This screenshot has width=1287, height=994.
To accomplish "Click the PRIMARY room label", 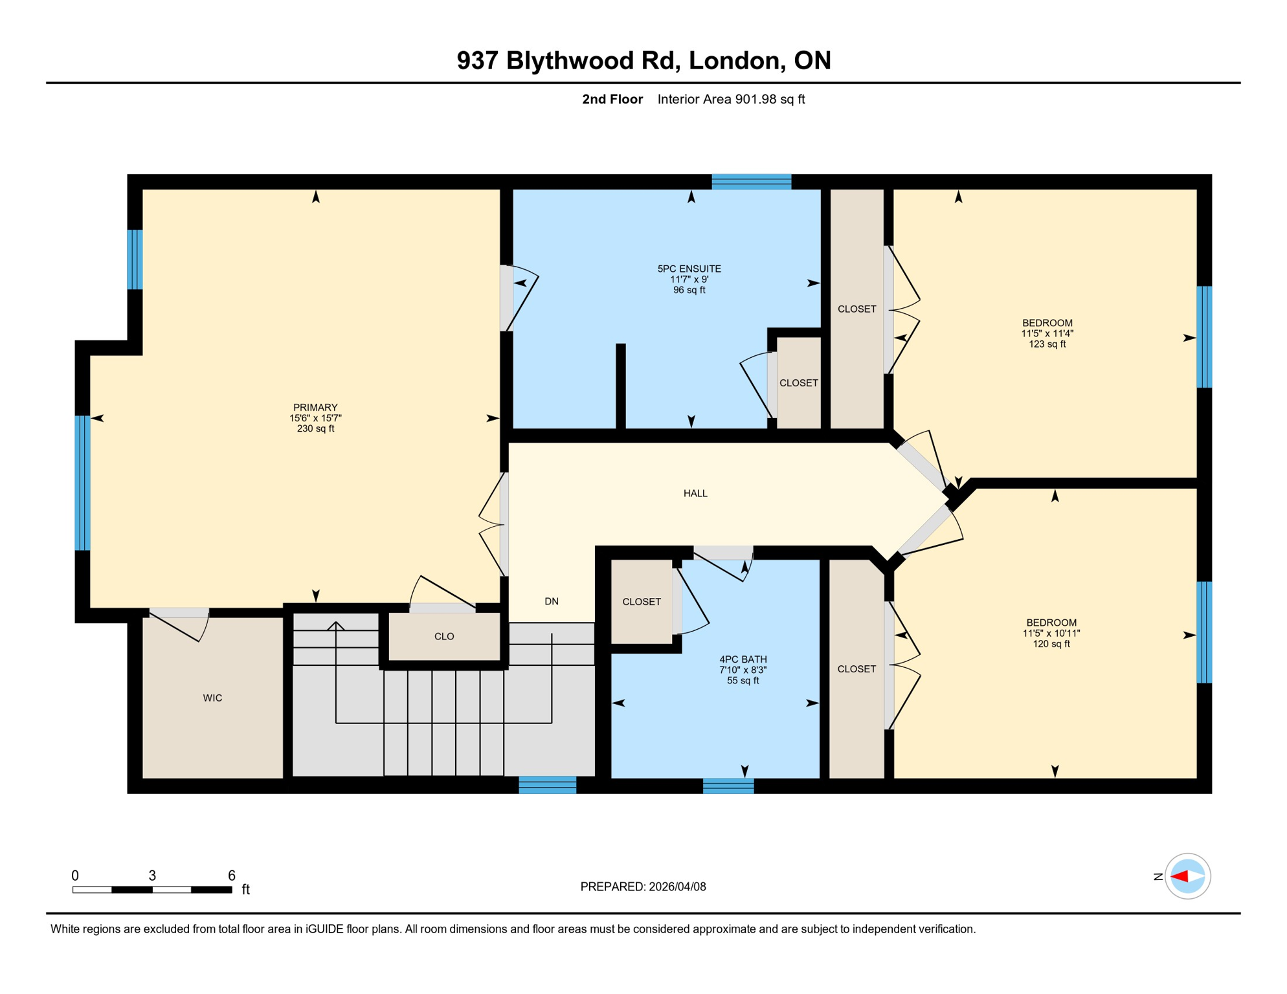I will (315, 407).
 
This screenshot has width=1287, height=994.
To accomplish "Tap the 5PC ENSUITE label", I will (689, 269).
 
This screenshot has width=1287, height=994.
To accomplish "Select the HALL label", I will (695, 493).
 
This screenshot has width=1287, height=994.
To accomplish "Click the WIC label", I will (212, 698).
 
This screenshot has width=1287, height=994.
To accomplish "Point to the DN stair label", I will (552, 601).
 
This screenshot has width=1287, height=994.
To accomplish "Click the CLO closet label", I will (444, 636).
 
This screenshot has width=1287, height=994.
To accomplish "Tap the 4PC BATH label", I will (743, 659).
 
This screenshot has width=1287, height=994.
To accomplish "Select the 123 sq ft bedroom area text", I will (1047, 344).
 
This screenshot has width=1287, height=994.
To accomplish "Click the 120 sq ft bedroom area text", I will (1051, 644).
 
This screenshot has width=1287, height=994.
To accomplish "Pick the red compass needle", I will (1180, 877).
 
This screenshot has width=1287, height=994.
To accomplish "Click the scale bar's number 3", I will (152, 876).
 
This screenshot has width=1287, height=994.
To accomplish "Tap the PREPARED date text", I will (643, 887).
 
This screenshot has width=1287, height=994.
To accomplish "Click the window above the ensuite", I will (751, 182).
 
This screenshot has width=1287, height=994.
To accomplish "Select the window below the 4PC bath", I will (728, 786).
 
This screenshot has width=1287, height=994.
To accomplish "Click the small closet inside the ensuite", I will (798, 383).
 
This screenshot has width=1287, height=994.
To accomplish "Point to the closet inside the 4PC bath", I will (642, 602).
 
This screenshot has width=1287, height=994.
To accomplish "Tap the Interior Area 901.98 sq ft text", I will (731, 99).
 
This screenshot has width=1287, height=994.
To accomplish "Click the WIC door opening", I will (179, 613).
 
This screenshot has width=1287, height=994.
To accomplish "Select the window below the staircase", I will (547, 786).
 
